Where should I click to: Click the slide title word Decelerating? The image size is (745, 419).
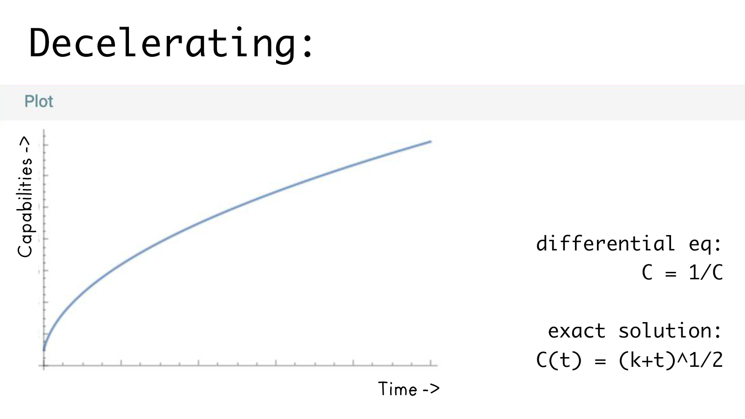pos(163,43)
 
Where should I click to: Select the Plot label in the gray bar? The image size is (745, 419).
pos(39,101)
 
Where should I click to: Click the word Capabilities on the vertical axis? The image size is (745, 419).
pos(25,207)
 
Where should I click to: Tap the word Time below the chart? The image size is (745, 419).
pos(398,389)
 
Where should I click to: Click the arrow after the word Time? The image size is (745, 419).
pos(431,389)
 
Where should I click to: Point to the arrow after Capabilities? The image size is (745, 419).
pos(25,144)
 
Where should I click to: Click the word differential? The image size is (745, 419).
pos(605,243)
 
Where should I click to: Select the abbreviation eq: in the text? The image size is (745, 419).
pos(705,243)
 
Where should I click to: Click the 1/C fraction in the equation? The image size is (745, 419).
pos(706,272)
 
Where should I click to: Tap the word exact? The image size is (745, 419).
pos(576,331)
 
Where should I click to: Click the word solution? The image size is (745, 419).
pos(670,331)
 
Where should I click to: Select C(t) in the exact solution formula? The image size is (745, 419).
pos(559,360)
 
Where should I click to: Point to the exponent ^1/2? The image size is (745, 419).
pos(700,360)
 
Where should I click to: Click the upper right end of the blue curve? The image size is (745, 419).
pos(430,142)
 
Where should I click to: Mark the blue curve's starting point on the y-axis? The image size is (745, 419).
pos(44,349)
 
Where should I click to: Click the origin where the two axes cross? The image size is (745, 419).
pos(44,365)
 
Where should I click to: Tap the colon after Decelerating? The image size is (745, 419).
pos(307,47)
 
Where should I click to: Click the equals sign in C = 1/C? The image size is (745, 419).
pos(670,274)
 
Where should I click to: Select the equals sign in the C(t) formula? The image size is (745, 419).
pos(600,361)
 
